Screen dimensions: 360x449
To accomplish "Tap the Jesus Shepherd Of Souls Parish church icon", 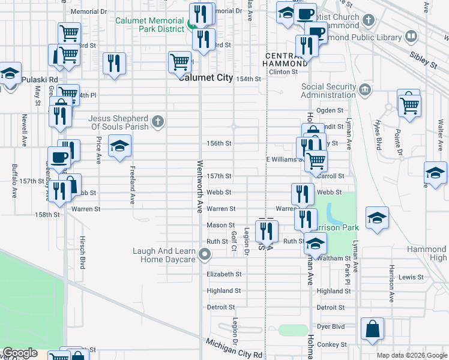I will [x=157, y=122].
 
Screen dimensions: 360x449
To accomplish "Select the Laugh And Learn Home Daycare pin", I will [x=205, y=255].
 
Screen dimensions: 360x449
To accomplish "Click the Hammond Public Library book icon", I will [x=411, y=37].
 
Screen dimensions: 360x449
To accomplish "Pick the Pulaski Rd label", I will [x=40, y=79].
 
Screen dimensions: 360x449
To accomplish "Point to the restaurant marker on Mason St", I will [x=267, y=230].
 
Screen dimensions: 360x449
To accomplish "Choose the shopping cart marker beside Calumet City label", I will [x=179, y=62].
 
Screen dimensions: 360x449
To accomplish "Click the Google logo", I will [x=19, y=353].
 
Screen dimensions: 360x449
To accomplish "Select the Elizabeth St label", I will [x=224, y=274].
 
